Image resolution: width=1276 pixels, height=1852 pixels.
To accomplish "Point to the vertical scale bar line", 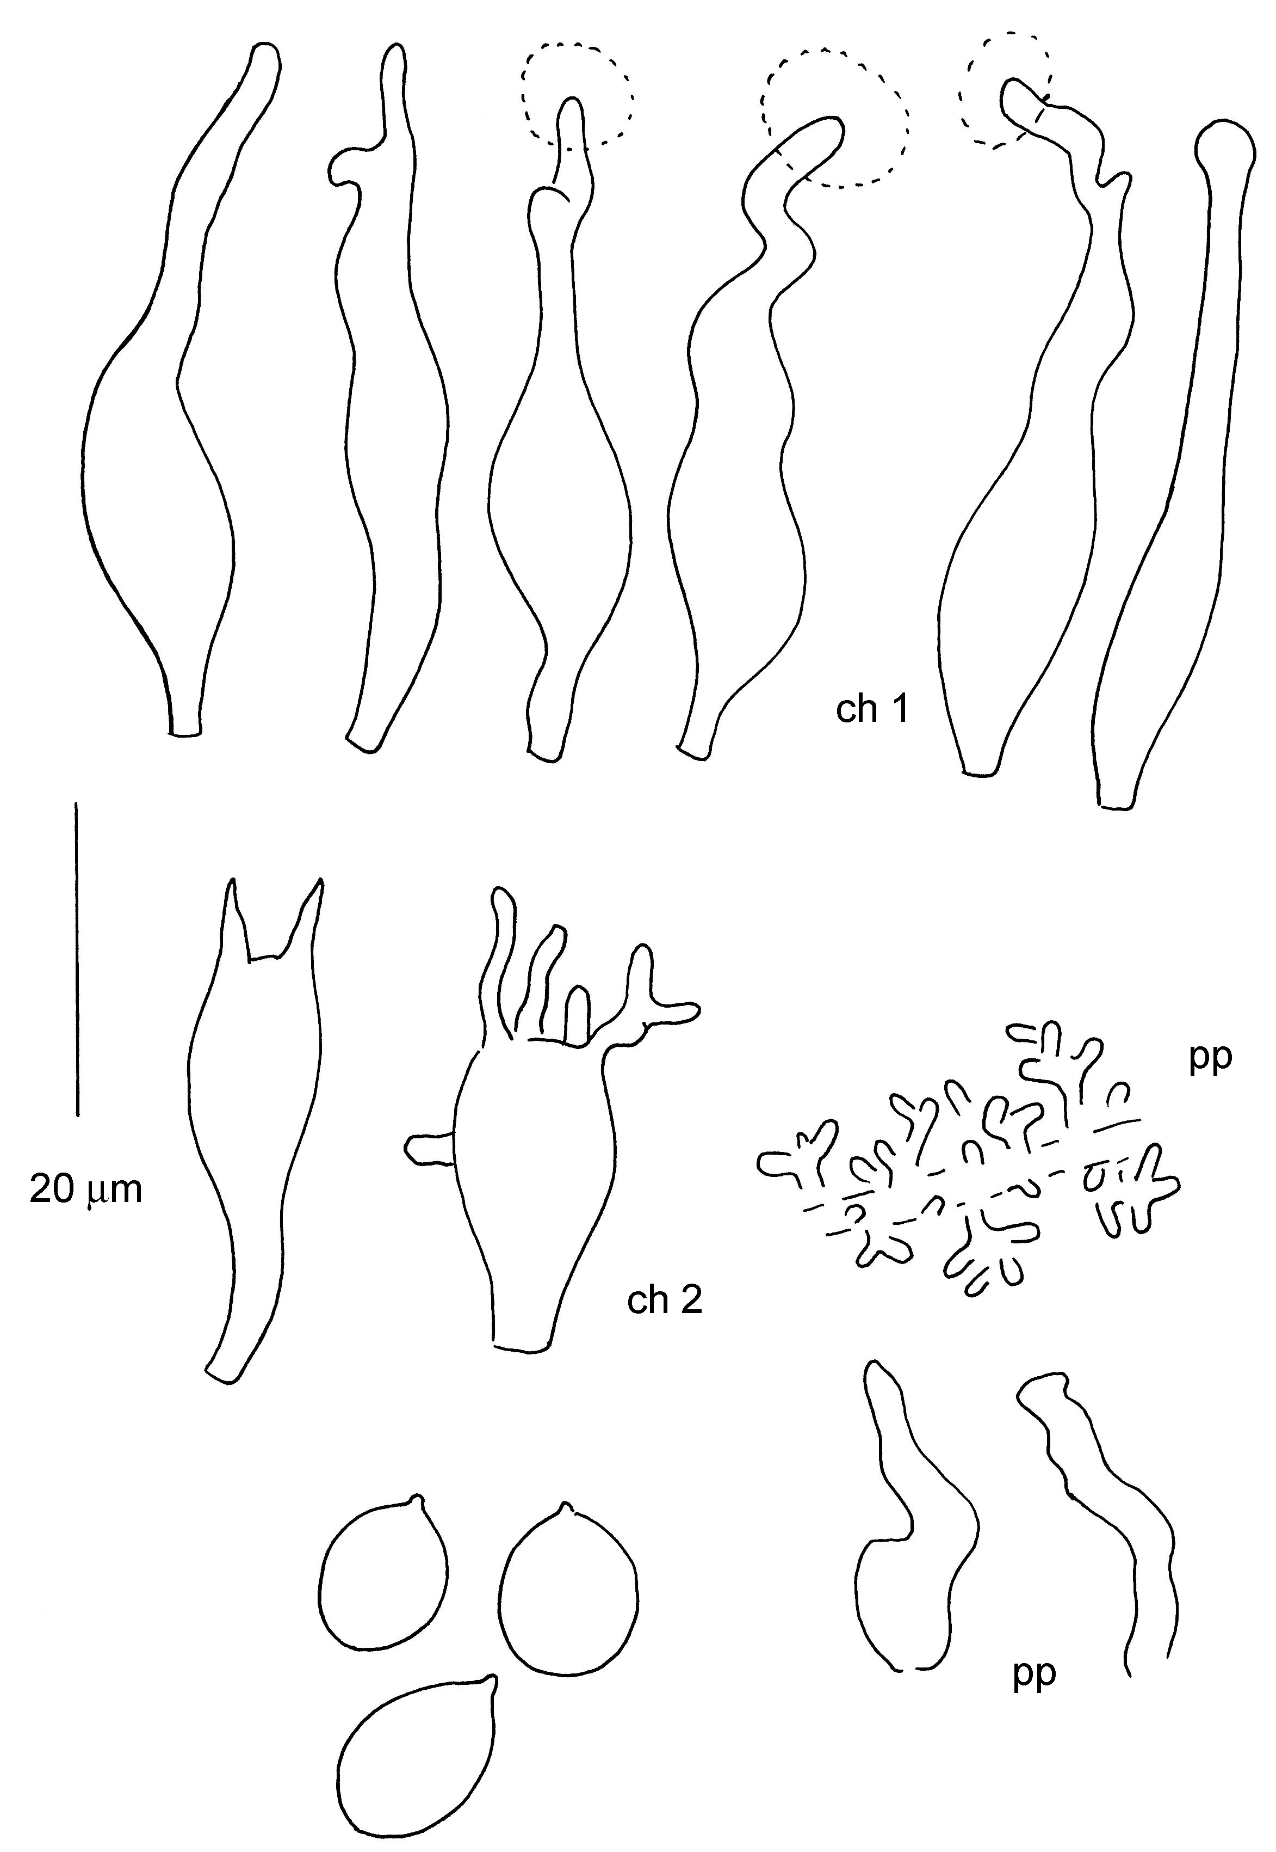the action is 77,959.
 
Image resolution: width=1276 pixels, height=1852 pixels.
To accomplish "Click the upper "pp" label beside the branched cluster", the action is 1210,1059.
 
